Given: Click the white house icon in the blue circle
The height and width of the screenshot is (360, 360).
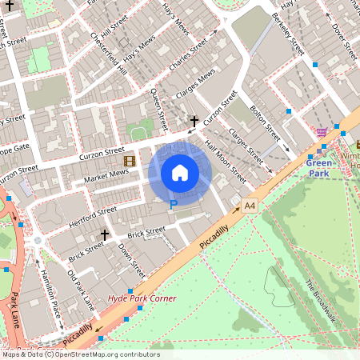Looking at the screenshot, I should (180, 173).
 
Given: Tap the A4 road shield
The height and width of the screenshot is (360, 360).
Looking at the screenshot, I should (250, 206).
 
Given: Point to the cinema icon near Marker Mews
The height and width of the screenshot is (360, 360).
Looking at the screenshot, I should (130, 161).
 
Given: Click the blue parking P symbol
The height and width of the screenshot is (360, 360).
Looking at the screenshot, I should (173, 206).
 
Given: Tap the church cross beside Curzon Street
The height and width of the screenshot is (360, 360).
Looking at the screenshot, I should (193, 122).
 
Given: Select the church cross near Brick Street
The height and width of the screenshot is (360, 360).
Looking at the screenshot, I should (105, 235).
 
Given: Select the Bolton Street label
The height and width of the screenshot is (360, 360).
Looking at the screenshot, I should (264, 119).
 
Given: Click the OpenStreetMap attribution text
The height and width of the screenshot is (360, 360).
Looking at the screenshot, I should (80, 354).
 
